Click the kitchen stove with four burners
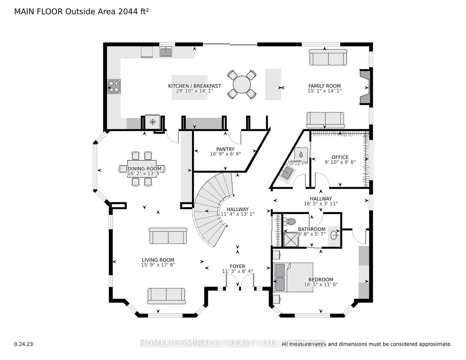[114, 86]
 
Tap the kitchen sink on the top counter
[166, 52]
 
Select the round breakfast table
[242, 84]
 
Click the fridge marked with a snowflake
[152, 122]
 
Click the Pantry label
[225, 149]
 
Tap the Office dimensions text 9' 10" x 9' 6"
[340, 162]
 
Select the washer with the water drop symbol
[301, 155]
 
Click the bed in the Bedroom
[293, 277]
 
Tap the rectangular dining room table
[142, 169]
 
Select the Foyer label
[237, 266]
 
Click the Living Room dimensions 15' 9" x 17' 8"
[158, 265]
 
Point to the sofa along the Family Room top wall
[328, 57]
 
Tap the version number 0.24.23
[23, 344]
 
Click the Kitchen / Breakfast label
[195, 86]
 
